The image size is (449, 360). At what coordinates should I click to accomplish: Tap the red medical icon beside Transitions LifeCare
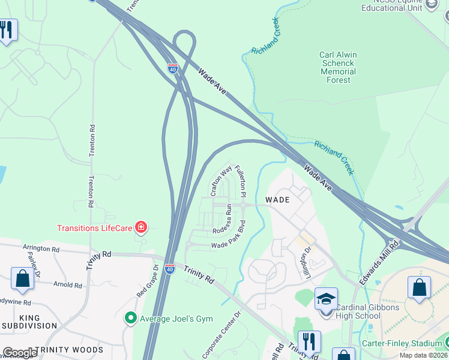point(141,227)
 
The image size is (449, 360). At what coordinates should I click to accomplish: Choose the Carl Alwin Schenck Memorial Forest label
point(338,67)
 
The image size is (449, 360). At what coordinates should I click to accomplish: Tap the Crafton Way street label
point(221,181)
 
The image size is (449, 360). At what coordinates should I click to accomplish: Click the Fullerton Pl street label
point(241,181)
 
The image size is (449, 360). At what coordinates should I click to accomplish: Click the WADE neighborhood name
point(278,200)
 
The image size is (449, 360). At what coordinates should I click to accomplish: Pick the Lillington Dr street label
point(308,258)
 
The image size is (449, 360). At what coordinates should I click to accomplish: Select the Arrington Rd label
point(41,248)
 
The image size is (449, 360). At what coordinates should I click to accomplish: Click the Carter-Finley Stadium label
point(402,343)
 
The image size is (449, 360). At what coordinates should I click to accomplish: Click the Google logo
point(20,353)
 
